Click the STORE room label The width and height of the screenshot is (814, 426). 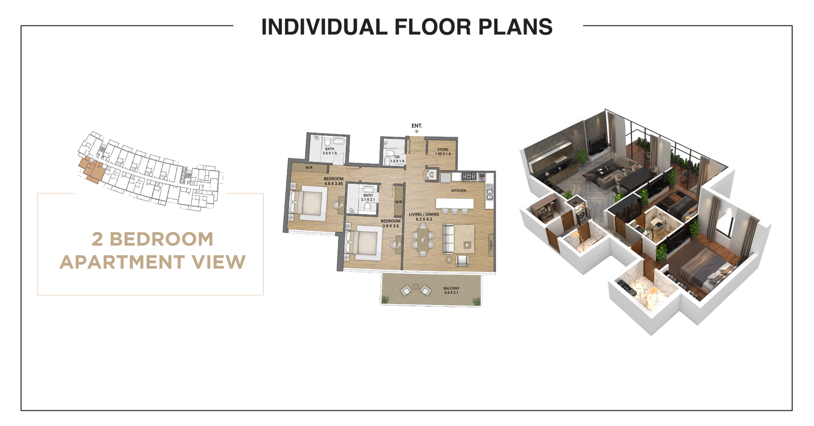443,150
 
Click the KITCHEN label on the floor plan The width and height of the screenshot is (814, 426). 459,191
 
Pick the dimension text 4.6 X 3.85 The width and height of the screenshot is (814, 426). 333,184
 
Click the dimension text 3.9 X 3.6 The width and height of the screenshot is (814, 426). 391,226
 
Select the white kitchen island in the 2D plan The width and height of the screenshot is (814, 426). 454,203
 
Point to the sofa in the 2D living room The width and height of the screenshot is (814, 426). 448,239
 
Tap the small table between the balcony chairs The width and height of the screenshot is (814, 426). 415,291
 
